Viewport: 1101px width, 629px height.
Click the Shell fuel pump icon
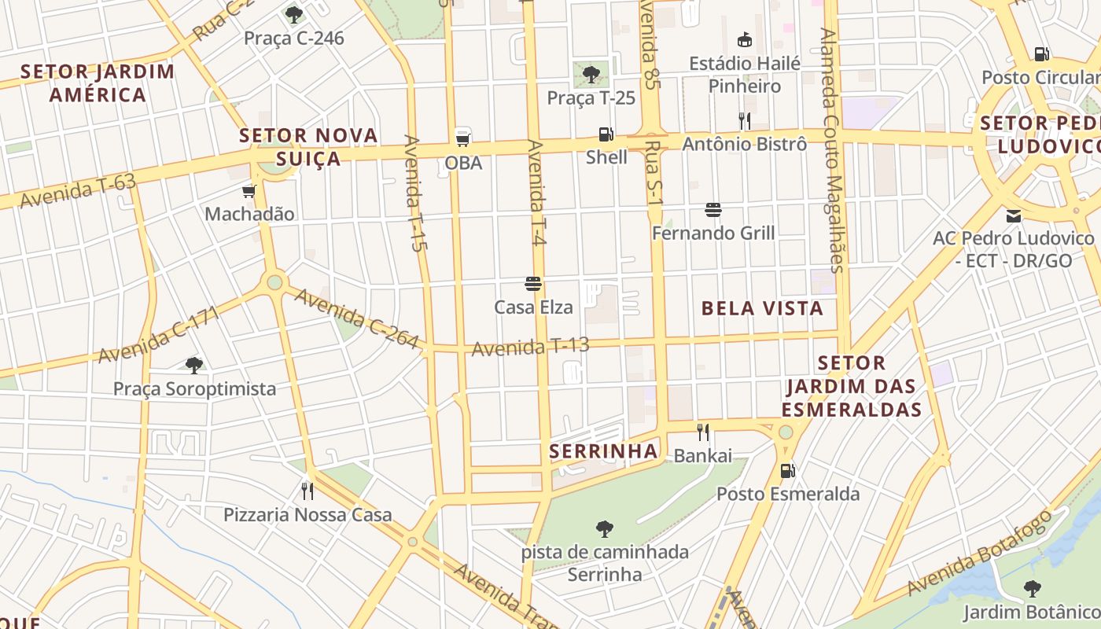point(606,134)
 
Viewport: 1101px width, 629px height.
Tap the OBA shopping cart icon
point(463,139)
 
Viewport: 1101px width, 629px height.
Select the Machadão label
point(249,214)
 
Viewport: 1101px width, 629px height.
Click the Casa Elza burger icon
point(533,284)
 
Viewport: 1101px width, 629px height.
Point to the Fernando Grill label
point(713,233)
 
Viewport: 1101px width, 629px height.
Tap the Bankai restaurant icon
point(703,432)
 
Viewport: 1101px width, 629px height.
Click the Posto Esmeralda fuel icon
point(787,471)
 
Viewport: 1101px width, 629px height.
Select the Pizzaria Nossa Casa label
point(307,515)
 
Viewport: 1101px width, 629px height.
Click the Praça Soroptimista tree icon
point(194,365)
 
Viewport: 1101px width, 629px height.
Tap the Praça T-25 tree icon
point(591,75)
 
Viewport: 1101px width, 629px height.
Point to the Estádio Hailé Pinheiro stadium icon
point(744,39)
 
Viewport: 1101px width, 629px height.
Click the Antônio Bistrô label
point(744,144)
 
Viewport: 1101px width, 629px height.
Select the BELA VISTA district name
point(762,308)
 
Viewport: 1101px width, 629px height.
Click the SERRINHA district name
point(603,451)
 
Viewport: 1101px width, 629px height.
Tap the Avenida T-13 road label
point(530,346)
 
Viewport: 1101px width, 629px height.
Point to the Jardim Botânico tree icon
point(1032,588)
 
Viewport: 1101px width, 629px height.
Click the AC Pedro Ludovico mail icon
point(1014,215)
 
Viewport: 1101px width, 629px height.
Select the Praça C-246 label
point(293,38)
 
